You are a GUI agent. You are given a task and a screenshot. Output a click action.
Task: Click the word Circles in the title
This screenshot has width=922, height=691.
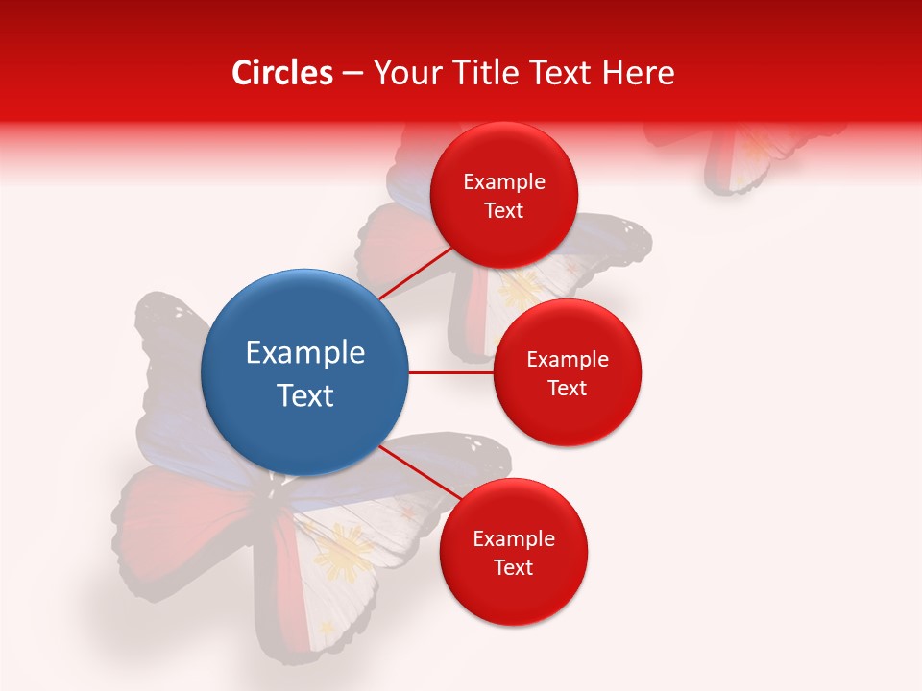click(281, 73)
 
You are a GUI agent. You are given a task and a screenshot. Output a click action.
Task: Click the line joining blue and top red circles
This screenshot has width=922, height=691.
click(415, 273)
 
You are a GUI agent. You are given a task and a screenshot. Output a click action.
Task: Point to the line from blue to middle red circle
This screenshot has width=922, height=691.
click(450, 372)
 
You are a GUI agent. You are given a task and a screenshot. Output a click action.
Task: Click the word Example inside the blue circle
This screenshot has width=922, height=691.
click(305, 353)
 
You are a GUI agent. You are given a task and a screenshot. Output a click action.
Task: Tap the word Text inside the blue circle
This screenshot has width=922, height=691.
click(305, 395)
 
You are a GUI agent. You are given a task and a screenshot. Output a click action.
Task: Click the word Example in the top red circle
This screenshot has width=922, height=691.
click(504, 182)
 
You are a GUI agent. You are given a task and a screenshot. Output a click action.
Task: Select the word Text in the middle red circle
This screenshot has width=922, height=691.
click(568, 388)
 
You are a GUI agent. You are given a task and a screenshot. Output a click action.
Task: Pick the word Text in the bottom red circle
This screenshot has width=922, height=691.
click(513, 567)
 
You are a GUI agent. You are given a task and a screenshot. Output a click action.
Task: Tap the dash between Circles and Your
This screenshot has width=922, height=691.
click(352, 73)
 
